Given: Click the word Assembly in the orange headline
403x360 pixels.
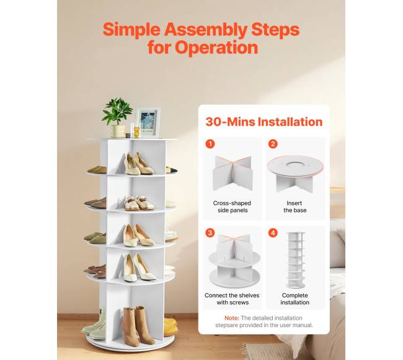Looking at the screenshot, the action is coord(206,30).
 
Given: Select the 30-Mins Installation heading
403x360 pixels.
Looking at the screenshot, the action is coord(264,121).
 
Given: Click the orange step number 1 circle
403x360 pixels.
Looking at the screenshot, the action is coord(210,144).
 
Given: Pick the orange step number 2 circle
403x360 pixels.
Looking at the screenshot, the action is coord(273,144).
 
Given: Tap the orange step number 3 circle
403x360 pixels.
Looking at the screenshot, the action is coord(210,233).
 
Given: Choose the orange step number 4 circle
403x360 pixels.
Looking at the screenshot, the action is coord(273,233).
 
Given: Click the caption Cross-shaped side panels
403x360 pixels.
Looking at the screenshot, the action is coord(232,207).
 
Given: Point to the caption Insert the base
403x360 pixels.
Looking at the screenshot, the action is coord(294,207).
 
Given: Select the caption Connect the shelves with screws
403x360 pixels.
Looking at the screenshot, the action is coord(232,299).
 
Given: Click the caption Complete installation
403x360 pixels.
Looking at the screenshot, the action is coord(294,299).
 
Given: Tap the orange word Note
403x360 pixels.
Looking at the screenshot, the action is coord(232,318).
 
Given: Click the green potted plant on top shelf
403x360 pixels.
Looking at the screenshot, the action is coord(117,118).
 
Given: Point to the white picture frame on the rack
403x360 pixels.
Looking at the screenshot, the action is coord(148,122).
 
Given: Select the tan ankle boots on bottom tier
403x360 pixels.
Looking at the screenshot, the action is coord(138,326).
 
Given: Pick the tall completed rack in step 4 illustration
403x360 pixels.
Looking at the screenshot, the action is coord(296,260).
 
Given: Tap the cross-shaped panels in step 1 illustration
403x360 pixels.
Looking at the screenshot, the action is coord(232,173).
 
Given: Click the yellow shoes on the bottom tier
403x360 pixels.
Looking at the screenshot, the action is coord(170,327).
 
